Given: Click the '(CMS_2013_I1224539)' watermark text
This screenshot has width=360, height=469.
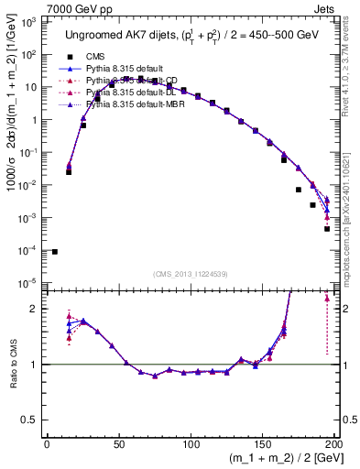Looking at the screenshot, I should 190,273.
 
